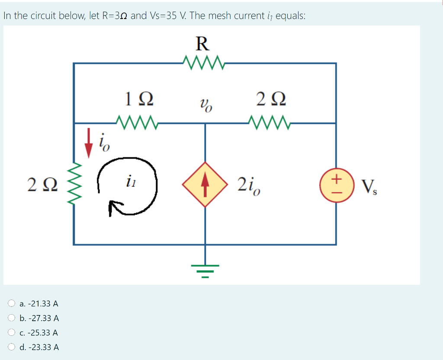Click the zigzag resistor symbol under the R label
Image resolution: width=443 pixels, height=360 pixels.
point(203,62)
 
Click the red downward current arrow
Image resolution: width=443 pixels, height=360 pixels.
point(89,142)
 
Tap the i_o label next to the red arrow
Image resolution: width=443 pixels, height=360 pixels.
point(104,142)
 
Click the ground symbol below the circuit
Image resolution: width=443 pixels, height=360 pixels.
point(205,269)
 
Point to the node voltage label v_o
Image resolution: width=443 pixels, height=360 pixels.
point(205,104)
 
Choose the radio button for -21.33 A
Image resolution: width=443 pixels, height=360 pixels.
point(13,303)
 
